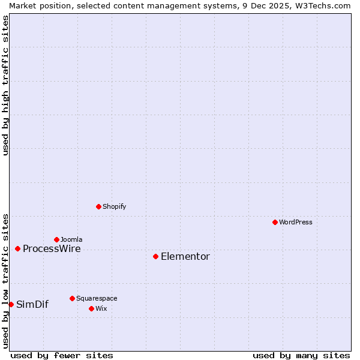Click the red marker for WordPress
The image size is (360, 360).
pyautogui.click(x=275, y=222)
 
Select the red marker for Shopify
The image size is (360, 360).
pyautogui.click(x=98, y=206)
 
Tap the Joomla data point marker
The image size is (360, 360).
pyautogui.click(x=56, y=239)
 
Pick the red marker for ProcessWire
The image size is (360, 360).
pyautogui.click(x=17, y=248)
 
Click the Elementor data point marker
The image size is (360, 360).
pyautogui.click(x=155, y=256)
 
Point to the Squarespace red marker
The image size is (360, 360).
pyautogui.click(x=72, y=298)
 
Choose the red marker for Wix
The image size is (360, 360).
pyautogui.click(x=91, y=308)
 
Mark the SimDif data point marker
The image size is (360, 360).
pyautogui.click(x=11, y=304)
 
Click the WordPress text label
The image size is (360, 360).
pyautogui.click(x=296, y=222)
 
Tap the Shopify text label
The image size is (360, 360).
pyautogui.click(x=114, y=206)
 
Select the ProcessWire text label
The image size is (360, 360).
pyautogui.click(x=52, y=249)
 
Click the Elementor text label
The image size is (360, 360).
pyautogui.click(x=185, y=257)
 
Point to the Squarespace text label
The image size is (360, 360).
pyautogui.click(x=97, y=298)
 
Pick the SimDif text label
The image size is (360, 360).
pyautogui.click(x=32, y=305)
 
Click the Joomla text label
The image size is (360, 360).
pyautogui.click(x=71, y=239)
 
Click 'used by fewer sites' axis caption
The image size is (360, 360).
pyautogui.click(x=62, y=355)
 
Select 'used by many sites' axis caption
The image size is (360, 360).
pyautogui.click(x=301, y=355)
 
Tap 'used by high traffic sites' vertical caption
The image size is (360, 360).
pyautogui.click(x=5, y=85)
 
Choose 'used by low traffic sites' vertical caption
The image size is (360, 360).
pyautogui.click(x=5, y=281)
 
